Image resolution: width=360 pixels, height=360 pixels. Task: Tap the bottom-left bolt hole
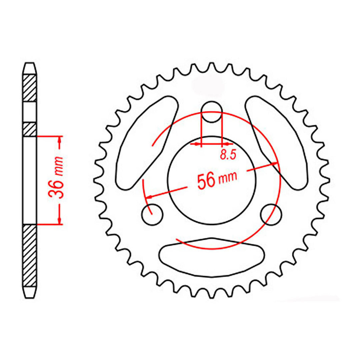(x=152, y=214)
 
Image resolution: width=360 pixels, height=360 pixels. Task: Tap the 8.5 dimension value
(x=228, y=155)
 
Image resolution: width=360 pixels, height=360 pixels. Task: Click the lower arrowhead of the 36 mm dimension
(x=60, y=220)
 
